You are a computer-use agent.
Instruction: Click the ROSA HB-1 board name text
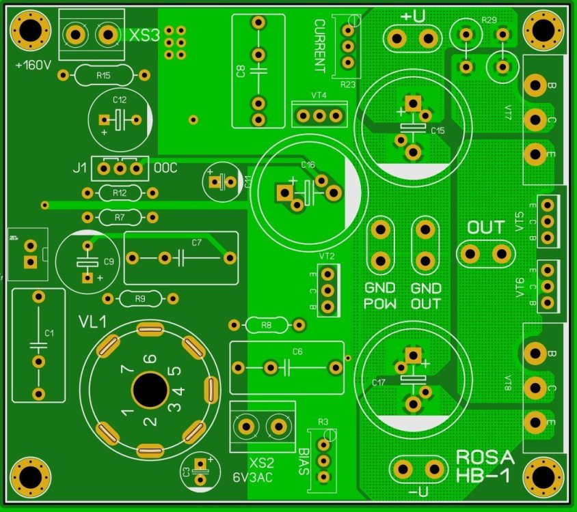[483, 466]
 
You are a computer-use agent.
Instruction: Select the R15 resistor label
[103, 75]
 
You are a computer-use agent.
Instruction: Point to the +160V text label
[33, 66]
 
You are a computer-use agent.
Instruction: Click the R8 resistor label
[267, 326]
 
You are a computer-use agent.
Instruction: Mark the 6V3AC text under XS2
[252, 478]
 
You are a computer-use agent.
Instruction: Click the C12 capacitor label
[120, 100]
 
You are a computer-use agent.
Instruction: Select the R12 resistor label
[120, 193]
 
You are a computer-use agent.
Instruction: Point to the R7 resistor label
[120, 218]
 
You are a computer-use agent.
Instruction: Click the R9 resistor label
[139, 298]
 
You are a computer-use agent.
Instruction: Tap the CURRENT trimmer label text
[319, 46]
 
